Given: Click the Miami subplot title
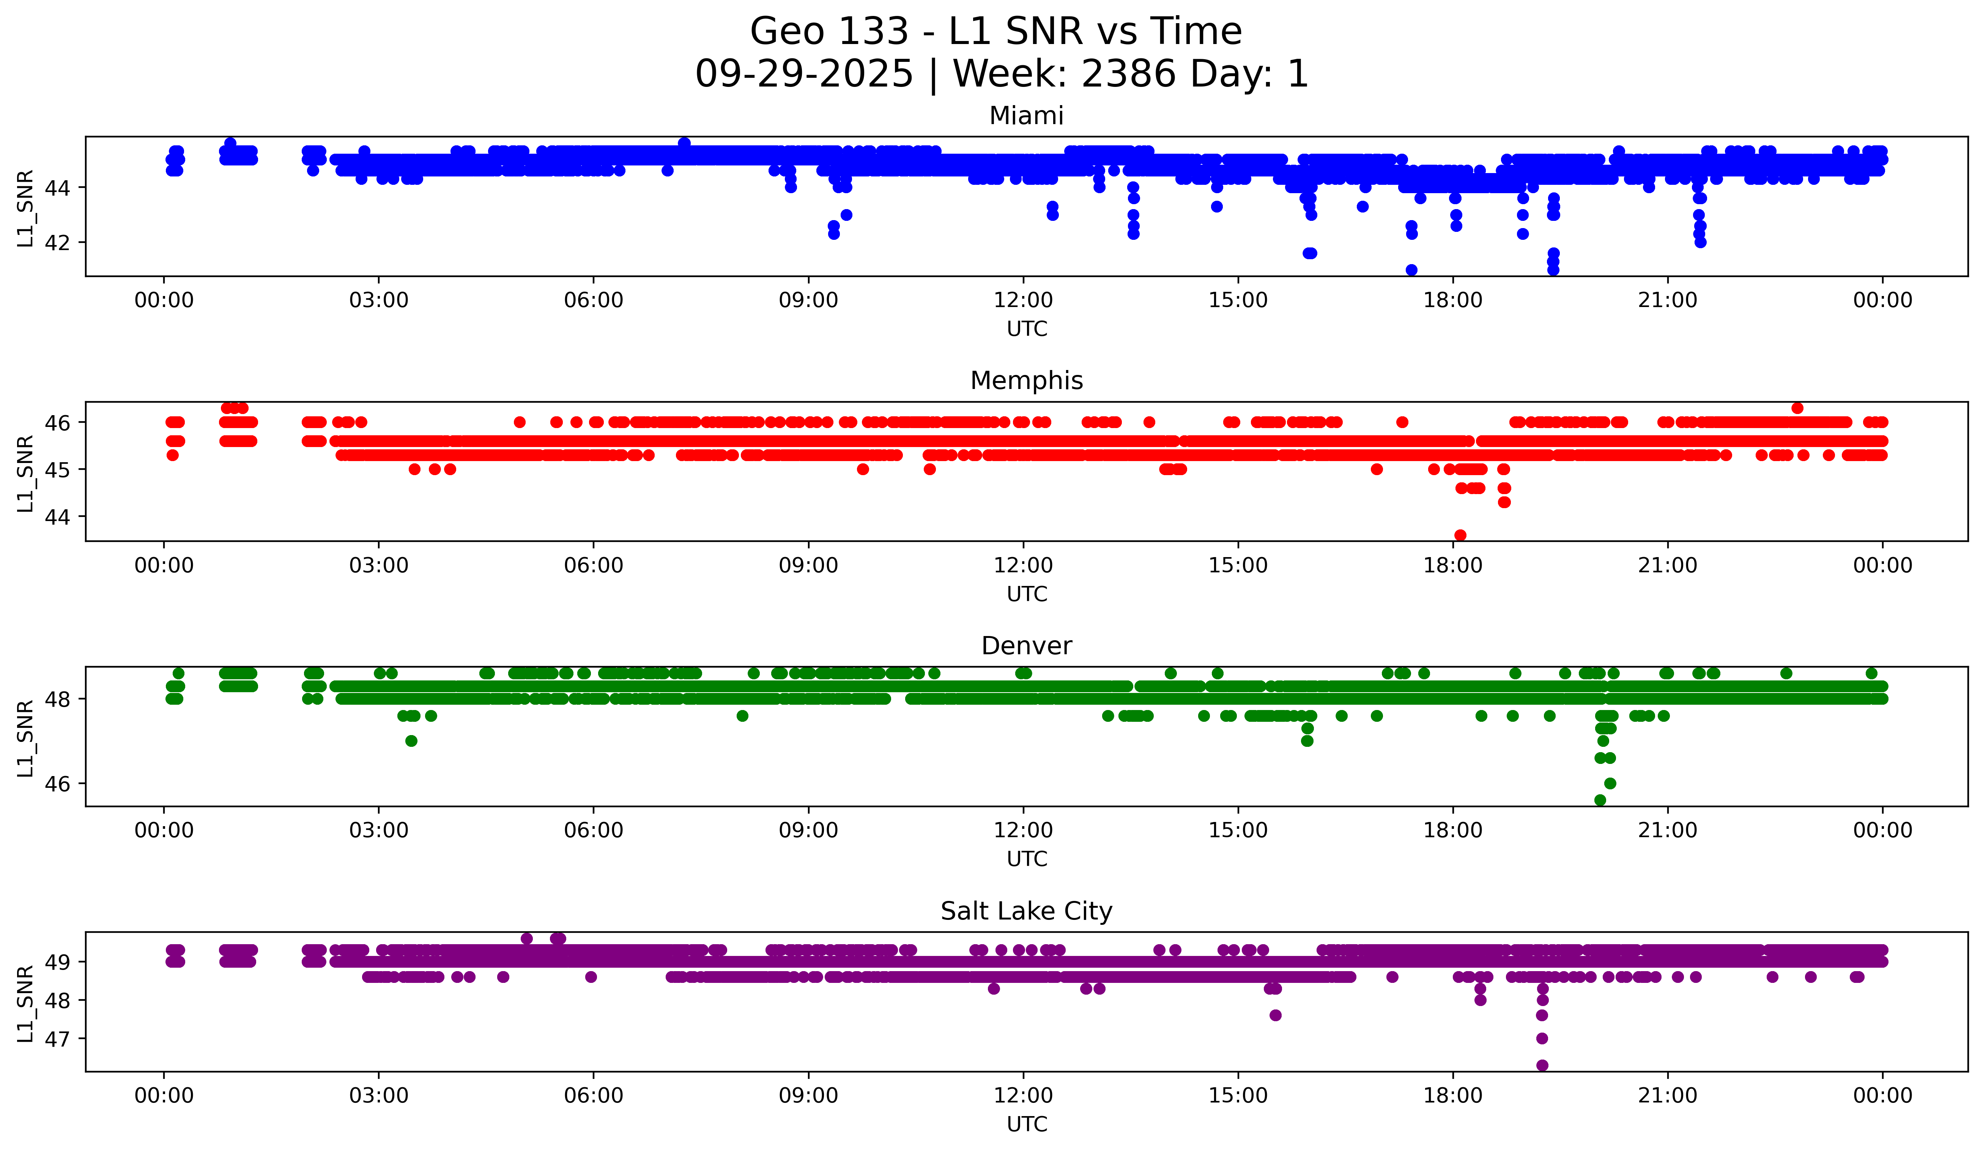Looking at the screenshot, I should (x=1026, y=116).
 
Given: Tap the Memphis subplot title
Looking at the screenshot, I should (x=1026, y=381).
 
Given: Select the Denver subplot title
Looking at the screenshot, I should (x=1026, y=646).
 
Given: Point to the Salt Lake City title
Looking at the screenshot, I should (x=1026, y=911).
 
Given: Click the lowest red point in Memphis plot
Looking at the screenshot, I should (x=1460, y=535).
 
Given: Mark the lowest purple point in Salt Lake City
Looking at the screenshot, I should (x=1542, y=1065).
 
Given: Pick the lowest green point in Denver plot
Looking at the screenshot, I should (x=1600, y=800).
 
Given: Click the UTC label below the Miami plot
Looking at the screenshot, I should (x=1026, y=329).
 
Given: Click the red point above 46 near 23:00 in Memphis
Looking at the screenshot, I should (x=1797, y=408).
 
